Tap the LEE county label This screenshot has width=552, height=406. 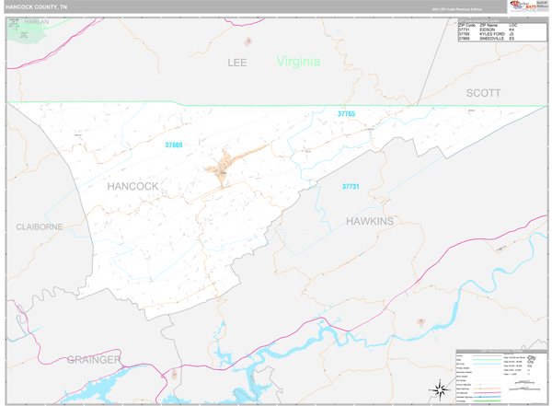(x=239, y=63)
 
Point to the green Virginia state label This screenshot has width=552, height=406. (x=298, y=62)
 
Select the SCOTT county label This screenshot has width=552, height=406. (x=483, y=93)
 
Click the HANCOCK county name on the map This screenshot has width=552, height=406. (x=132, y=186)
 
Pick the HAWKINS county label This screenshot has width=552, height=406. (x=370, y=221)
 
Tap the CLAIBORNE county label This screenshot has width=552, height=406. (x=39, y=226)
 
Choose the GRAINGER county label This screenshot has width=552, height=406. (x=93, y=358)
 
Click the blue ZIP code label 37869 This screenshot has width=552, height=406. (x=174, y=144)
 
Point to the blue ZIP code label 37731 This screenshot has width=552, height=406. (x=351, y=187)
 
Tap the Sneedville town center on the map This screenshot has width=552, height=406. (x=223, y=168)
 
